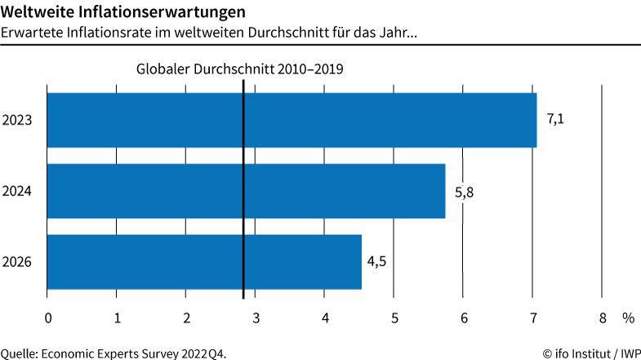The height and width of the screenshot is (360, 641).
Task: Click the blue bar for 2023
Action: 292,120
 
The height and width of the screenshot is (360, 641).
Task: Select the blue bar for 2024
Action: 246,191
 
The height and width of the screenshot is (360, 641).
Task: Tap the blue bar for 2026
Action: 204,261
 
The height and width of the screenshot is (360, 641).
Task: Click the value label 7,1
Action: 555,119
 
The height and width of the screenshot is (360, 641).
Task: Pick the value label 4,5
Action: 376,261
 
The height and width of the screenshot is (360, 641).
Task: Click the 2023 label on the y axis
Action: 17,120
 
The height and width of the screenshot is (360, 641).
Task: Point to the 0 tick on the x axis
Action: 48,317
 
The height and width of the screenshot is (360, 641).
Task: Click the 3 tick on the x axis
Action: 256,317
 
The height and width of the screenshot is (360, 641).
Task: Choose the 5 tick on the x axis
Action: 394,317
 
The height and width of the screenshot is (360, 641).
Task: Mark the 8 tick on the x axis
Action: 603,317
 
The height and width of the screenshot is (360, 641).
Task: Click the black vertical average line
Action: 243,204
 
